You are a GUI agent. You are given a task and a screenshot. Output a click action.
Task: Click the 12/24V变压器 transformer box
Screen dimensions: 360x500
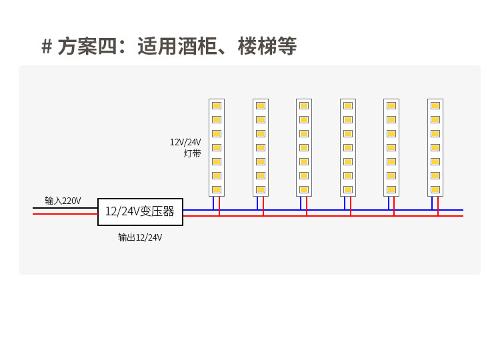140,211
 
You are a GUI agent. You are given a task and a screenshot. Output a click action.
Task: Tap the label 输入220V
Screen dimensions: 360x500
63,201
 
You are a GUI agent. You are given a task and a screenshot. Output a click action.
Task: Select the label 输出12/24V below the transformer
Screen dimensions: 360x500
140,237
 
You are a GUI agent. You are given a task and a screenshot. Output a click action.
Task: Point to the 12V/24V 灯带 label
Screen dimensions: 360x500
185,147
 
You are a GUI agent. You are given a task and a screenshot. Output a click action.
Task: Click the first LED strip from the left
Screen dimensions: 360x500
217,147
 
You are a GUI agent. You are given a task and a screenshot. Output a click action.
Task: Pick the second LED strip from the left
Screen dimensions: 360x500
261,147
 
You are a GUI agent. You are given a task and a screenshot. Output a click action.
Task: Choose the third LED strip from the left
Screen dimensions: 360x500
304,147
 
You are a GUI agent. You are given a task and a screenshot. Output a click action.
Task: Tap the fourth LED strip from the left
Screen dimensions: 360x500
348,147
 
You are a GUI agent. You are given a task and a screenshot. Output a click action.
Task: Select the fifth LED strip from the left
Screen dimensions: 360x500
391,147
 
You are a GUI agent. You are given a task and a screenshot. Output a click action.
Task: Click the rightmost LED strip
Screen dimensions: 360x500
435,147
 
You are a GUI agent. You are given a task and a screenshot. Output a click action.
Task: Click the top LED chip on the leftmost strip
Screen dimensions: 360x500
217,105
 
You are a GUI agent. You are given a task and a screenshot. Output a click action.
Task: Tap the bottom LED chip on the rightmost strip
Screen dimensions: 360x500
435,189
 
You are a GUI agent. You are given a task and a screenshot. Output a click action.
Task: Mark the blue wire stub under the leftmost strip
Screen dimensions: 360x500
213,203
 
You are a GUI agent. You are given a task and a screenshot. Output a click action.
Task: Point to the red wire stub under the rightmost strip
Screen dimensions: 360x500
438,206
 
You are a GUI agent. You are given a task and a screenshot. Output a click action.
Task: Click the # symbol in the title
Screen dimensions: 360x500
47,47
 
